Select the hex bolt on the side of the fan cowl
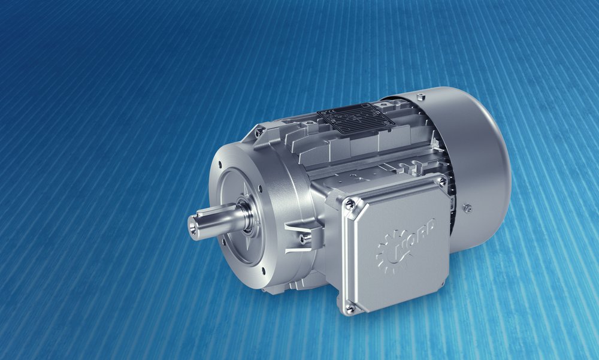[x=468, y=208]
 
